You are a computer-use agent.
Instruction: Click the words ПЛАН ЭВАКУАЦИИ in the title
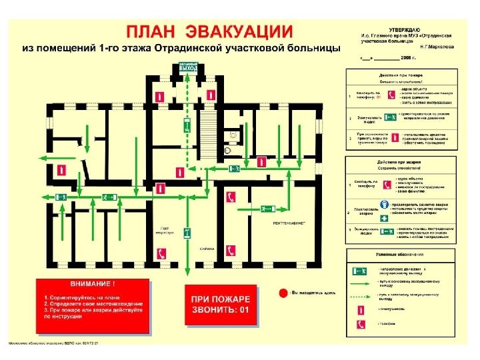209,31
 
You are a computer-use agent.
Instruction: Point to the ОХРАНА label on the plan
207,248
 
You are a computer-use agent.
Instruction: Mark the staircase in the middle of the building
209,124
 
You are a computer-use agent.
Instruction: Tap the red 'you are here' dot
283,293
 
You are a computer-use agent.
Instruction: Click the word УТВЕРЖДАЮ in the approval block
405,29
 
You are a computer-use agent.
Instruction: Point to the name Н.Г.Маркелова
437,47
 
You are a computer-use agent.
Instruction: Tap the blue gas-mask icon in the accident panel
385,205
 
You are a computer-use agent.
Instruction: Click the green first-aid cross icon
385,218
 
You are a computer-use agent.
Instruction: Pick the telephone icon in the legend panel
361,324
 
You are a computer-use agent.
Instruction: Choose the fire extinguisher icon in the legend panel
361,309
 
